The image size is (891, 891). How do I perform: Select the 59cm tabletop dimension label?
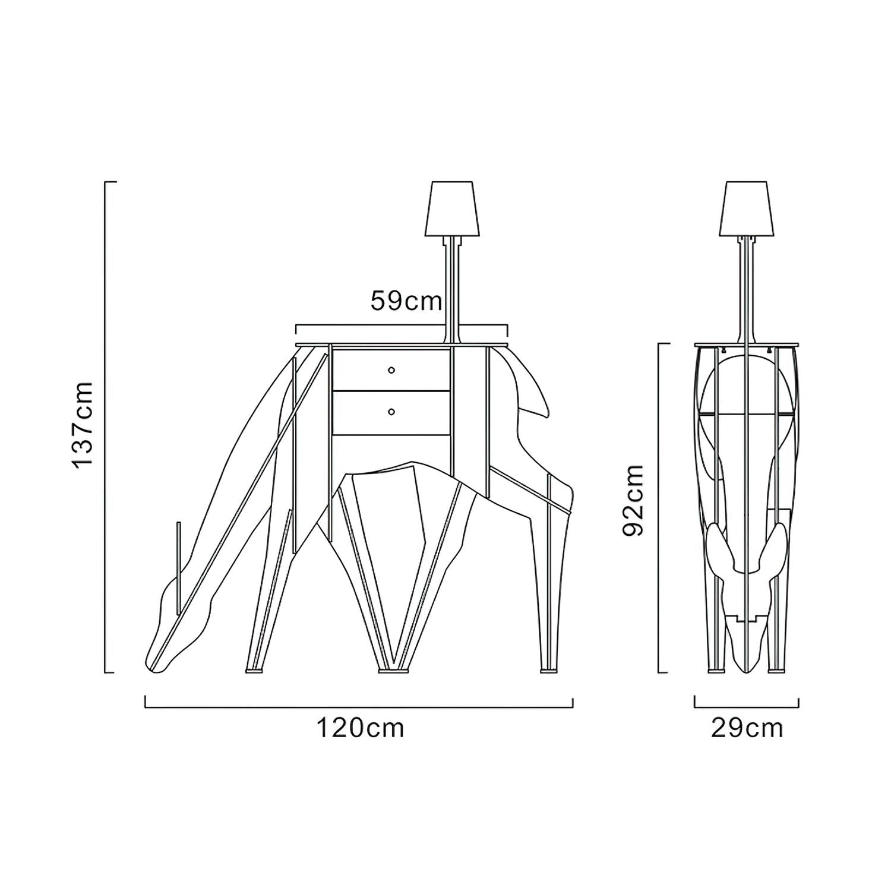pos(406,301)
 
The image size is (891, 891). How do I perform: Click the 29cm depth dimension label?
pos(747,728)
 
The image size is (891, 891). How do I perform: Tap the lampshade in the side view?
pos(746,208)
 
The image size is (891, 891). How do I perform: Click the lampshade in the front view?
pos(451,208)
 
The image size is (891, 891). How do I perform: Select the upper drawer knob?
pos(391,370)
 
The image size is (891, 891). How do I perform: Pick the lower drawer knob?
pos(391,411)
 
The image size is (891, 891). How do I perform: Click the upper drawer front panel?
pos(391,369)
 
